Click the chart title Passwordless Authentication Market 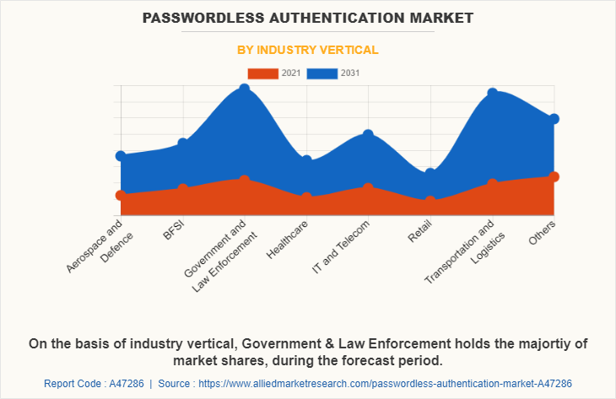click(x=308, y=17)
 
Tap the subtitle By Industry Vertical click(x=308, y=50)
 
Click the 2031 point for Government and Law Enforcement click(x=244, y=89)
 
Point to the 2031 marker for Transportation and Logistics click(x=492, y=94)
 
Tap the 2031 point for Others click(x=554, y=119)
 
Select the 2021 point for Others click(x=554, y=176)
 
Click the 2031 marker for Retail click(x=430, y=173)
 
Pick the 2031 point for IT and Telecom click(x=368, y=134)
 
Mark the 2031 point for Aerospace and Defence click(x=121, y=156)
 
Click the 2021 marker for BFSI click(x=182, y=188)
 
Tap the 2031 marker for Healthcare click(x=306, y=160)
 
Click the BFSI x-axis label click(x=175, y=229)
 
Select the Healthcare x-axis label click(x=287, y=240)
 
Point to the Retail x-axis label click(x=419, y=232)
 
